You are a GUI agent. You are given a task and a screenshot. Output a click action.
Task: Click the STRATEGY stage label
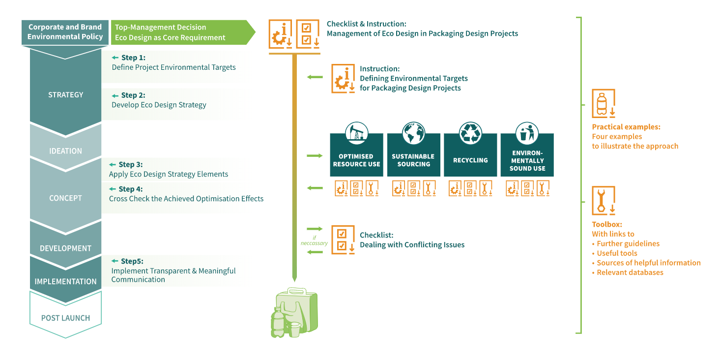tap(65, 95)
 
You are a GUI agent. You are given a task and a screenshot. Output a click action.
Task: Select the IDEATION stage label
tap(65, 151)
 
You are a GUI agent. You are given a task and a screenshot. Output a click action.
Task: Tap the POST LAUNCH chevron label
tap(65, 318)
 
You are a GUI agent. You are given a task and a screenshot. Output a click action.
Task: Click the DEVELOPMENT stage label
tap(65, 248)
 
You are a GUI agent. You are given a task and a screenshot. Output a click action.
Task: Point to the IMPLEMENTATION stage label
tap(65, 281)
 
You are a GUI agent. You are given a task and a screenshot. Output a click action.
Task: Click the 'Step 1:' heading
tap(133, 58)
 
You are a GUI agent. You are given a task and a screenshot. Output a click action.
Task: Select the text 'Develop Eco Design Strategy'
tap(159, 105)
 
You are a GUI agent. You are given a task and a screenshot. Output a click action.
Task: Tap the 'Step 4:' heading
tap(130, 189)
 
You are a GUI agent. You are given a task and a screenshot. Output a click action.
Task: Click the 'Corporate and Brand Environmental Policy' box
tap(65, 32)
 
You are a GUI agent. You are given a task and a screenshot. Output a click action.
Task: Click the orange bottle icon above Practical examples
tap(603, 103)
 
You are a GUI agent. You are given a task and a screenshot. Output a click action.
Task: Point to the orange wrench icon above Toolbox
tap(603, 201)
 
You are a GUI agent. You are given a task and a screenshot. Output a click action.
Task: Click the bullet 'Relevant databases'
tap(630, 272)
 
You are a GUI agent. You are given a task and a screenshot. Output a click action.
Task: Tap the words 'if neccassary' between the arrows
tap(314, 240)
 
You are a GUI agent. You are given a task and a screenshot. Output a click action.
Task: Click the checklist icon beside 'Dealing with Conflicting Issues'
tap(343, 240)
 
